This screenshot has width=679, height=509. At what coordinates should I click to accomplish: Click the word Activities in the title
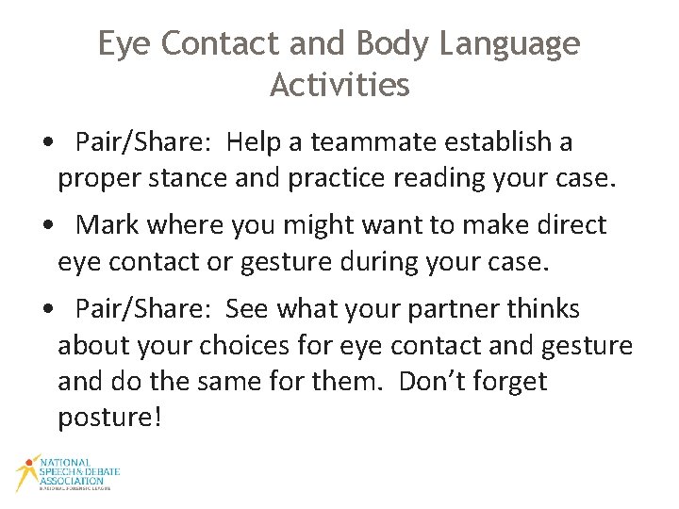click(339, 85)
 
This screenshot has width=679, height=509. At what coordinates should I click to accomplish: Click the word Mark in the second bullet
click(104, 225)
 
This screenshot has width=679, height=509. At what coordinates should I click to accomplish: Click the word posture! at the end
click(110, 418)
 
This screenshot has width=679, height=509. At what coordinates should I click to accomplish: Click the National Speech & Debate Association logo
click(66, 474)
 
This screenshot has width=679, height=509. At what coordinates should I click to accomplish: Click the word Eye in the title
click(123, 43)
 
